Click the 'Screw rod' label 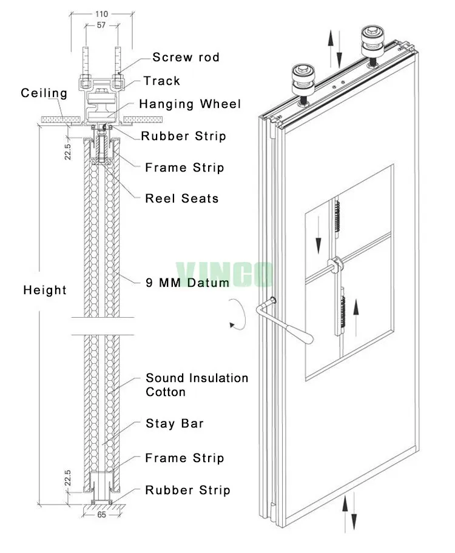(186, 58)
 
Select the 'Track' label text (161, 81)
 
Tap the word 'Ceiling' (44, 93)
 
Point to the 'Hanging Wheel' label (189, 104)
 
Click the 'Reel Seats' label (181, 198)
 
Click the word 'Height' (45, 290)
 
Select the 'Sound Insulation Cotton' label (197, 385)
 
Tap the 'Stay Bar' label (174, 423)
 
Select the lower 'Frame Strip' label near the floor (184, 458)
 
